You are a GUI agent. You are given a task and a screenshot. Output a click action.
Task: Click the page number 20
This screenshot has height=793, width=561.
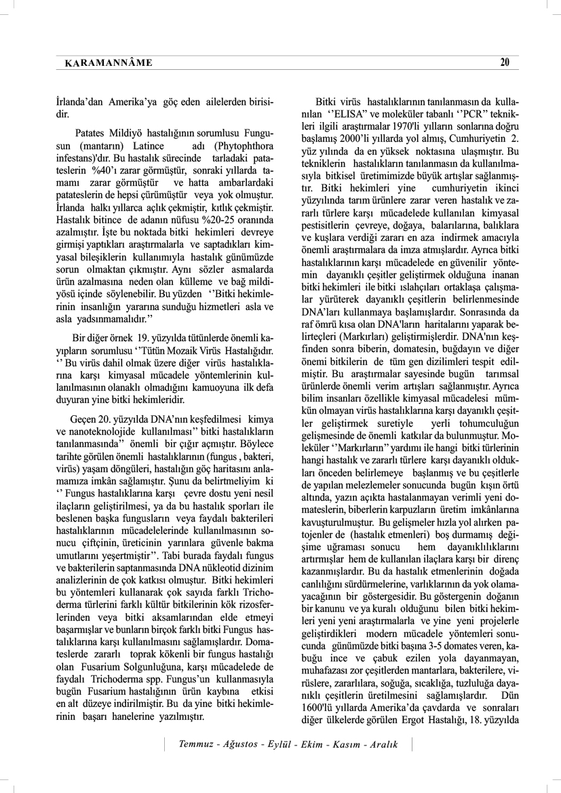504,62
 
